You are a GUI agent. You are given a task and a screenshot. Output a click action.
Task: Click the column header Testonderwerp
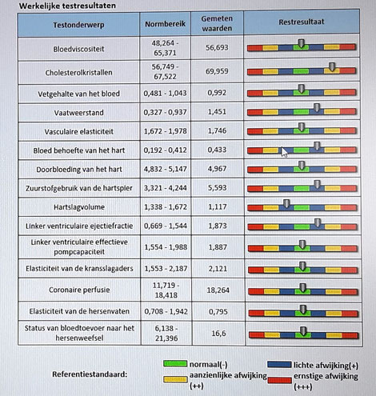tap(78, 25)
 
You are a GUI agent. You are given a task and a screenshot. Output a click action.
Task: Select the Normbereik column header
tap(165, 24)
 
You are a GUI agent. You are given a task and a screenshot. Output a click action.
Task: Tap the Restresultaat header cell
tap(302, 22)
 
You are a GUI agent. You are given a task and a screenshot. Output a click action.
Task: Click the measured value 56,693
tap(217, 48)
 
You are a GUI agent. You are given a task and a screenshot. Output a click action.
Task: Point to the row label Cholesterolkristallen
tap(78, 73)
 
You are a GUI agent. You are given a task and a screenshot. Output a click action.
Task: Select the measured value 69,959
tap(217, 71)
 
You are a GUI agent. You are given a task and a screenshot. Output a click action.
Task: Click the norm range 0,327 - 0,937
tap(165, 112)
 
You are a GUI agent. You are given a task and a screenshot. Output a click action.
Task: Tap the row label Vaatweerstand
tap(78, 113)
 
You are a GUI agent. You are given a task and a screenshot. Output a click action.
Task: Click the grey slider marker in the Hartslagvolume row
tap(286, 204)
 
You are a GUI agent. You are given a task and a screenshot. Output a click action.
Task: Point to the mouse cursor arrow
tap(284, 152)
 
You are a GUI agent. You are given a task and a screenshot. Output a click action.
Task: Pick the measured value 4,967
tap(217, 169)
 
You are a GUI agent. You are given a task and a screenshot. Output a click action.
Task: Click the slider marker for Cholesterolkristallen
tap(332, 67)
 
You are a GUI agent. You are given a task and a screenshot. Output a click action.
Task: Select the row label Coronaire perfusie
tap(79, 290)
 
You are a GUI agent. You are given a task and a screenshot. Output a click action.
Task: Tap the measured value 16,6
tap(218, 334)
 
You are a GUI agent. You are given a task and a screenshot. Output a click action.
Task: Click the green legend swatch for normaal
tap(175, 363)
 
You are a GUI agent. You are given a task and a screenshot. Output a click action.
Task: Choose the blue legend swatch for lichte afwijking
tap(279, 365)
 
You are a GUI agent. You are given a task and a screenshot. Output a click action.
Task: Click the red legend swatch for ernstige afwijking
tap(279, 380)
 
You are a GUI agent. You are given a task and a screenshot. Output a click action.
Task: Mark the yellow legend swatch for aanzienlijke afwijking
tap(175, 379)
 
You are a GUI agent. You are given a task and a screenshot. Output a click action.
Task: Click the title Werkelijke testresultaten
tap(67, 6)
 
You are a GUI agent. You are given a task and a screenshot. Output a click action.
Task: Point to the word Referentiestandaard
tap(90, 374)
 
